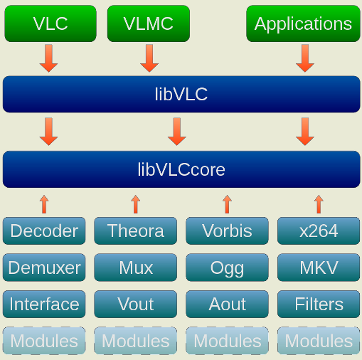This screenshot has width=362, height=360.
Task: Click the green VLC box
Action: point(50,23)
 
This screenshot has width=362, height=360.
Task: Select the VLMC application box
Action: point(149,23)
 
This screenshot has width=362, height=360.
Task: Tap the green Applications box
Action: point(303,23)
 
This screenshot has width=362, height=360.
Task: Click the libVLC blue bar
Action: point(181,94)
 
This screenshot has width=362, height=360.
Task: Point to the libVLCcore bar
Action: point(181,169)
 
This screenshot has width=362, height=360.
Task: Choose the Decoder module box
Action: point(44,231)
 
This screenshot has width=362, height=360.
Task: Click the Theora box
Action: point(136,231)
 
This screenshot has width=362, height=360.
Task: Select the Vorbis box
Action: point(227,231)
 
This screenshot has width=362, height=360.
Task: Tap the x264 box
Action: point(319,231)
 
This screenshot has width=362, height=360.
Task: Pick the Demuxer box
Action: point(44,268)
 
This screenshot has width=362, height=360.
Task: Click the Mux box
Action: point(136,268)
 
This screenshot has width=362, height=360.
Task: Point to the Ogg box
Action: point(227,268)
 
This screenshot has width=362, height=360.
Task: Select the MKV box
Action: point(319,268)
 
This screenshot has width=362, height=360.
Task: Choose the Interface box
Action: point(44,304)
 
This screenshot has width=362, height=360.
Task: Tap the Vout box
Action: point(136,304)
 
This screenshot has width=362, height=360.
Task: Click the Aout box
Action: point(227,304)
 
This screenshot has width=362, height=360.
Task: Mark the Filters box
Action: point(319,304)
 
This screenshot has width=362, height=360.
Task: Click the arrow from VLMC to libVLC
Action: point(149,58)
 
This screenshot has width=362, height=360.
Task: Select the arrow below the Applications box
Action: point(305,58)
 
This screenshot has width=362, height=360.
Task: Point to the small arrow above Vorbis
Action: point(227,204)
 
